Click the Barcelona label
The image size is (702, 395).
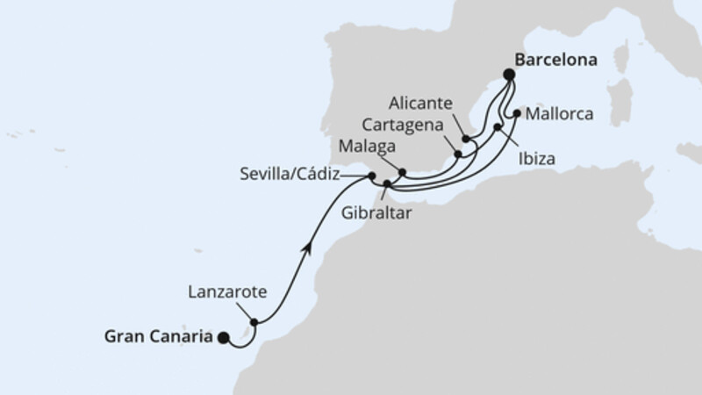pyautogui.click(x=549, y=62)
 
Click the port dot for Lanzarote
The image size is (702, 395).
pyautogui.click(x=254, y=322)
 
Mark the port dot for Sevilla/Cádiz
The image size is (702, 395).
pyautogui.click(x=372, y=177)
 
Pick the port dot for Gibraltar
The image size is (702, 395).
pyautogui.click(x=387, y=183)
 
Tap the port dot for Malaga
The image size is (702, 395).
pyautogui.click(x=403, y=173)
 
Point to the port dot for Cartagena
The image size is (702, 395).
pyautogui.click(x=458, y=155)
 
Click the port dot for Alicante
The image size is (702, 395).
pyautogui.click(x=466, y=140)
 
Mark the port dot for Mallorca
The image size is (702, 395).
pyautogui.click(x=517, y=112)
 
